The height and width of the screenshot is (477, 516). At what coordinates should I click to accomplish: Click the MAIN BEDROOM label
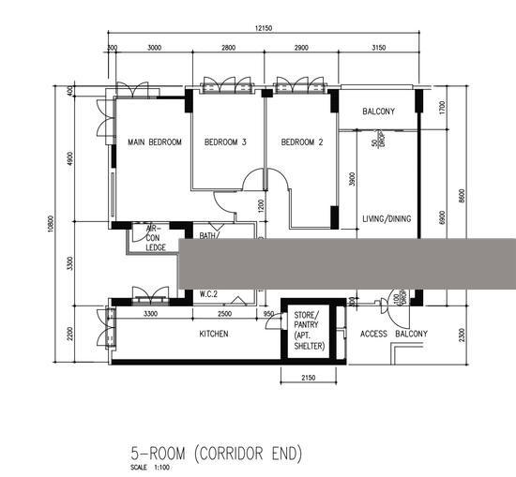tap(154, 142)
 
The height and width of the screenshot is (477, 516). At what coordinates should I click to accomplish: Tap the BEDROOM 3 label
tap(225, 142)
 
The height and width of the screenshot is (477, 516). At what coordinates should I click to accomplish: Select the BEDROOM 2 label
tap(302, 142)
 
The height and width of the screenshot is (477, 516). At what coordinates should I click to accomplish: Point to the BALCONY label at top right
tap(378, 112)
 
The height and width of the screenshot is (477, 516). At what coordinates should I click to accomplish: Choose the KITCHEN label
tap(215, 334)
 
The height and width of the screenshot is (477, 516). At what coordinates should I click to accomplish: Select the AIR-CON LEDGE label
tap(155, 238)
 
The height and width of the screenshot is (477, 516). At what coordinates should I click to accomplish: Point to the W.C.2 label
tap(208, 294)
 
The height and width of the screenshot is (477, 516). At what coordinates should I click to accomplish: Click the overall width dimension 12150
tap(265, 29)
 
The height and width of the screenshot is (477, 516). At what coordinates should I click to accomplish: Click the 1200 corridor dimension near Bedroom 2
tap(262, 204)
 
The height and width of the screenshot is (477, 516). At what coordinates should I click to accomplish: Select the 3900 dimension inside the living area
tap(352, 180)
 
